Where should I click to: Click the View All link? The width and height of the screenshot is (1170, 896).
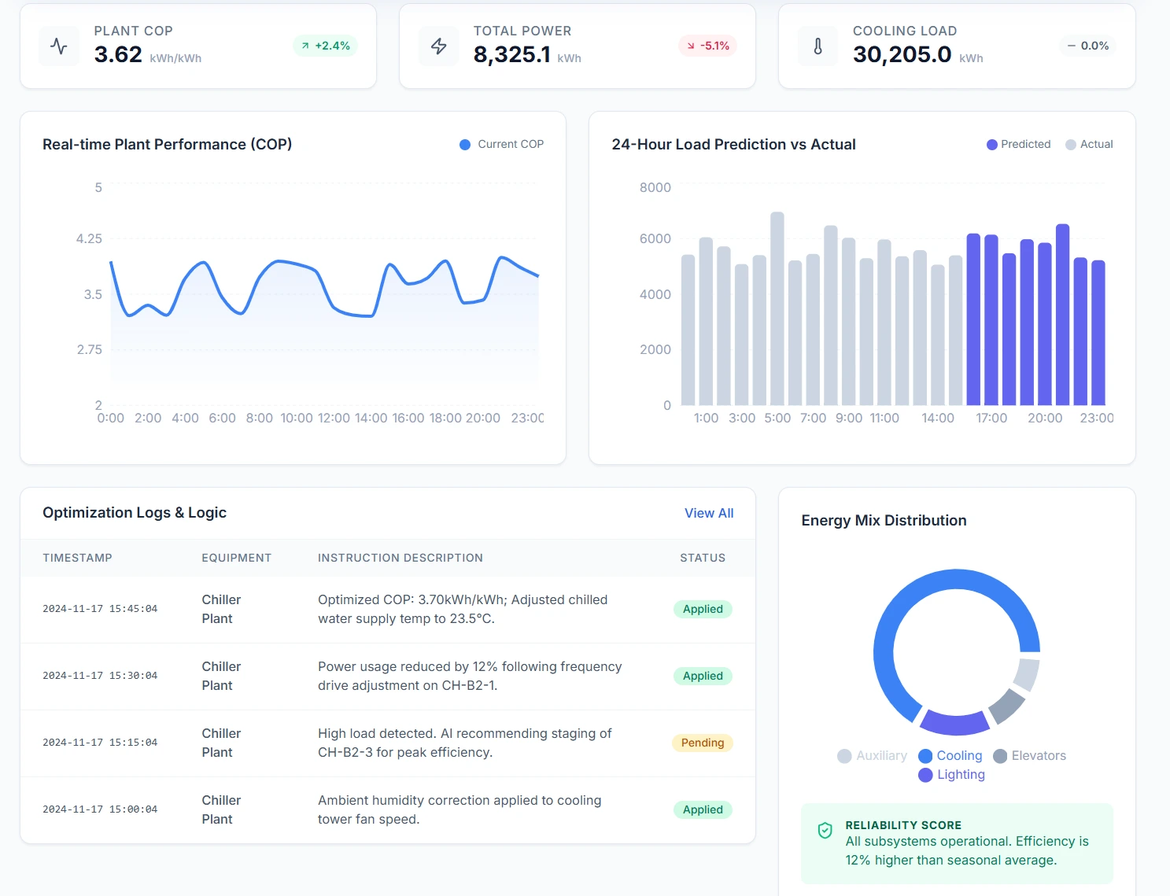708,513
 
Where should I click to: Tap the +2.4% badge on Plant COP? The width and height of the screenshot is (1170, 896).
325,46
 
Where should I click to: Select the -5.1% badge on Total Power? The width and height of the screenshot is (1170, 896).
707,46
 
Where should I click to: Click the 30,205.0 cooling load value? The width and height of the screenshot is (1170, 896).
902,54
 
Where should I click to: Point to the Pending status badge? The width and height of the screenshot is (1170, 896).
702,743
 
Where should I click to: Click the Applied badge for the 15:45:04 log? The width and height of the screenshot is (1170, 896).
702,609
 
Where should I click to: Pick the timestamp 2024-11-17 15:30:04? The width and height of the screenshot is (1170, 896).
100,676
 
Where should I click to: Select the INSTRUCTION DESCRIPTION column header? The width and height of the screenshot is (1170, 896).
400,558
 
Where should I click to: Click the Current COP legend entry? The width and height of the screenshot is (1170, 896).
502,144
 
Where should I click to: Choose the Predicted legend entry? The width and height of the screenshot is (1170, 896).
1019,144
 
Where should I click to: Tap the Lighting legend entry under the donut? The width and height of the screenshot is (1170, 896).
952,775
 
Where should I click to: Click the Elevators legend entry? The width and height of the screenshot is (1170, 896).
1030,756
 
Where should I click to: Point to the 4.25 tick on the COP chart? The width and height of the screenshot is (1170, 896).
89,238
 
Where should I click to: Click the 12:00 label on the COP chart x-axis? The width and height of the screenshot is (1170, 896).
334,418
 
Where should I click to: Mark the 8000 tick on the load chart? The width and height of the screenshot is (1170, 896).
655,187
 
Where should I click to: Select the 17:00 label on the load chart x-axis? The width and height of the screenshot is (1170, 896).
991,418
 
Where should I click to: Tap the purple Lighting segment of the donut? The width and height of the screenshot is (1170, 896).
954,722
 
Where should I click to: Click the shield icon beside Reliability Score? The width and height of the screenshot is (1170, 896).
825,831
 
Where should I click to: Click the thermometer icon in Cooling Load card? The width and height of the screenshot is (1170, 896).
818,46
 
